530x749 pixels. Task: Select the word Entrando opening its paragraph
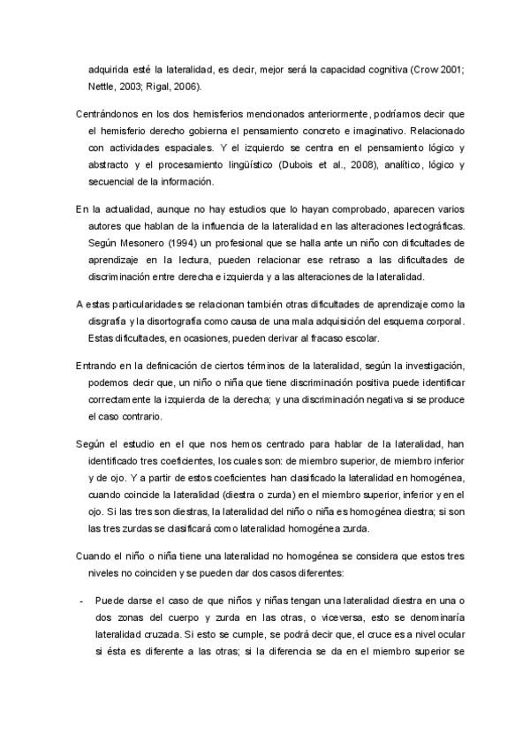click(99, 365)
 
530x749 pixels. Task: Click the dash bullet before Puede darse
click(81, 597)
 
